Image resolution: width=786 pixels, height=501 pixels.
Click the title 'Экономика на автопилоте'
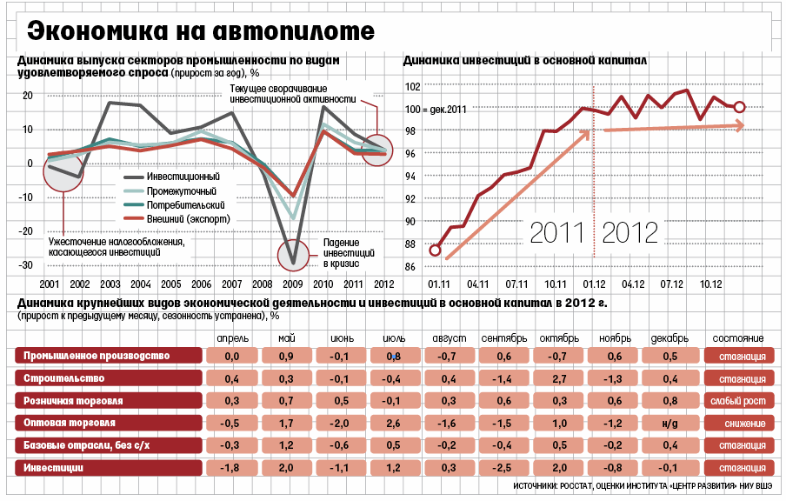200,31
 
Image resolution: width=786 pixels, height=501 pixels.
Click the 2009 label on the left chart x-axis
294,284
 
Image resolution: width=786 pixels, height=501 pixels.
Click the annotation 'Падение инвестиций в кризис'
347,252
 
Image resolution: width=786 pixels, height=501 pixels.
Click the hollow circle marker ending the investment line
739,107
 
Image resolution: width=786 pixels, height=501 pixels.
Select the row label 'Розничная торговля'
73,401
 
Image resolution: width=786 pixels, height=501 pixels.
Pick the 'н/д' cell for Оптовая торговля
669,424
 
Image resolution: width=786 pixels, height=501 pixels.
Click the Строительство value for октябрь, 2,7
558,379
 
